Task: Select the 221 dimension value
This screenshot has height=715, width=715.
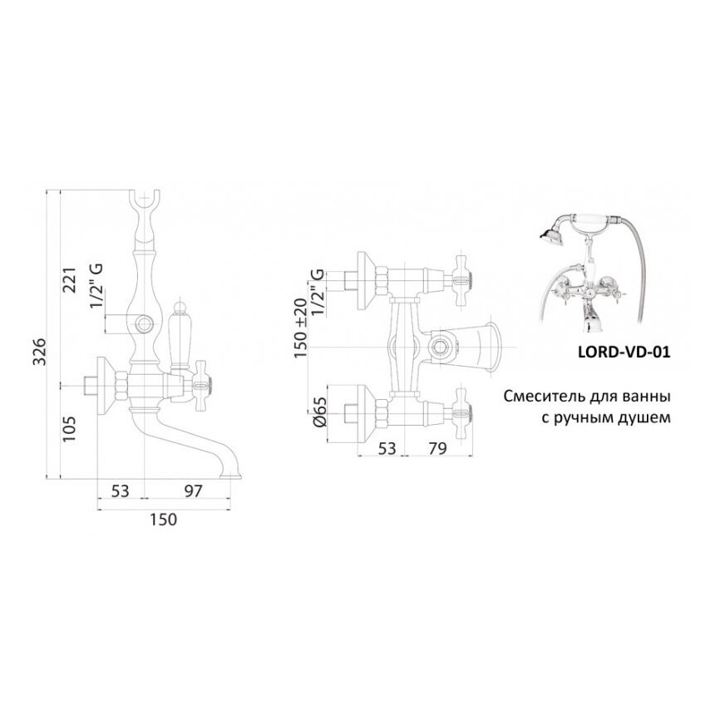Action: click(70, 285)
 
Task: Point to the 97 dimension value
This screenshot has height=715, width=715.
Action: click(193, 491)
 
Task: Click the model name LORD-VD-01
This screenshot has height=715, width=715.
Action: click(623, 351)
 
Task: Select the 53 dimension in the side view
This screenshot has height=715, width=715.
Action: click(120, 491)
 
